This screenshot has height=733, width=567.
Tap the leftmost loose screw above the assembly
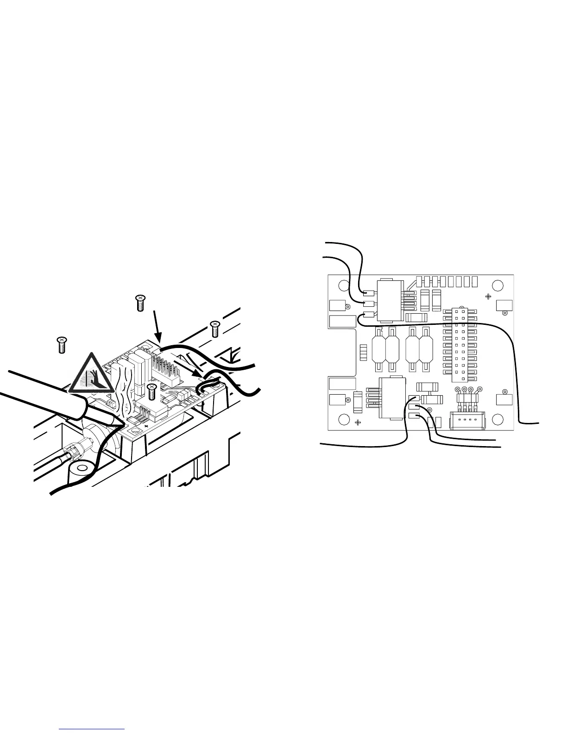(x=61, y=345)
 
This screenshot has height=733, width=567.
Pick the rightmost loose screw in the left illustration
(x=214, y=329)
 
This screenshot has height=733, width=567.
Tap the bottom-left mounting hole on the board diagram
(x=343, y=420)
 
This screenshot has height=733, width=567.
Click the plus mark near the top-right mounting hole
(x=488, y=296)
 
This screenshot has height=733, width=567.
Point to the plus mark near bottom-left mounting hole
(x=358, y=422)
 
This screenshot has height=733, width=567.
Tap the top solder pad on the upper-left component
(x=369, y=292)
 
